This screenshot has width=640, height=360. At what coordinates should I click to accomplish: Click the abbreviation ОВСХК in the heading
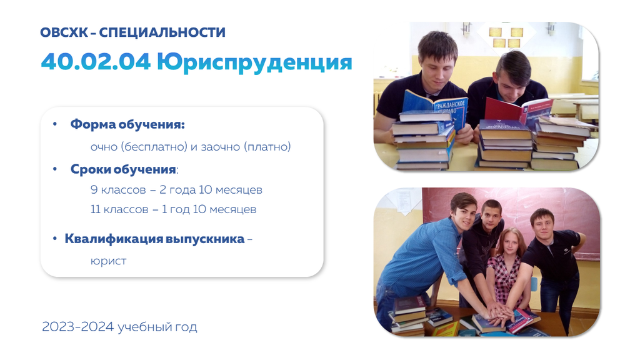coord(64,32)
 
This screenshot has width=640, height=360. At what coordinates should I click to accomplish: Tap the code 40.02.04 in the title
coord(96,62)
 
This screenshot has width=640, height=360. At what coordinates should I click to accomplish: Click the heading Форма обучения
coord(127,124)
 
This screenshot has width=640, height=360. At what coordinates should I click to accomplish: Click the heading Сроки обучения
coord(124,169)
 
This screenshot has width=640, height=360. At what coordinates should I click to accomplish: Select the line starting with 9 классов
coord(176,190)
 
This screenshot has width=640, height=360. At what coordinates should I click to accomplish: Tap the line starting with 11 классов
coord(174,209)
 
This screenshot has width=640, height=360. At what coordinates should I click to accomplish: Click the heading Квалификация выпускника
coord(155,239)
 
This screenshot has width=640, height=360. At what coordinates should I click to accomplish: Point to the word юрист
coord(109,261)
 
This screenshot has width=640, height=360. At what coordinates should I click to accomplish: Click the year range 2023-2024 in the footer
coord(78,326)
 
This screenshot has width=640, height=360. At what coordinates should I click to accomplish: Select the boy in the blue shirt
coord(424,261)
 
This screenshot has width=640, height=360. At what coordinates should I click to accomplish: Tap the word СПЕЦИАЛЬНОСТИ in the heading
coord(162,32)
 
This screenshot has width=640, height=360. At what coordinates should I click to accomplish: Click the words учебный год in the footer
coord(157,327)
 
